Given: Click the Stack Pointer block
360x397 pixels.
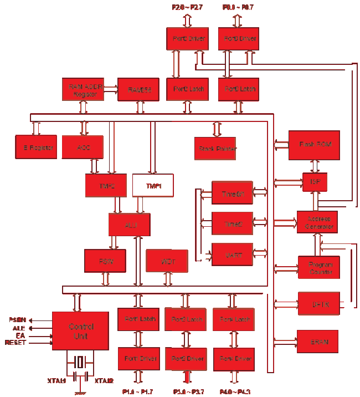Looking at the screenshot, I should (215, 148).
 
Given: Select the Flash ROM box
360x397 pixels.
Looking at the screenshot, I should (314, 145).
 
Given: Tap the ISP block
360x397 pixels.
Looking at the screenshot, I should (315, 182).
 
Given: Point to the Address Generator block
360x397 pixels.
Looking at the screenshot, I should (317, 222).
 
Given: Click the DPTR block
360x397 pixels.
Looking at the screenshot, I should (317, 303).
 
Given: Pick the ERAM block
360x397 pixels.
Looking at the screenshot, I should (317, 342).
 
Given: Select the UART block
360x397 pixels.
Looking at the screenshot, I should (232, 255).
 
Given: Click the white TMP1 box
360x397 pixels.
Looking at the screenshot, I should (153, 185).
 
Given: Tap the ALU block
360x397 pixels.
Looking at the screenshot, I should (130, 225).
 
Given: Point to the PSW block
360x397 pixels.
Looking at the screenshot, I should (105, 261).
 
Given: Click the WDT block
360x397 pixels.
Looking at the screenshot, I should (167, 261).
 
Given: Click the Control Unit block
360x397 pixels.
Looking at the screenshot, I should (80, 331).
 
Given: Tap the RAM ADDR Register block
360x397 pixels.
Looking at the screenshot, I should (83, 89).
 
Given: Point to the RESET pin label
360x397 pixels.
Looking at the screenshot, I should (16, 343).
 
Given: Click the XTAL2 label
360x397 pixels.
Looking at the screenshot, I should (104, 381).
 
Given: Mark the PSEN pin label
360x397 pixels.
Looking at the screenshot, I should (17, 320).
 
